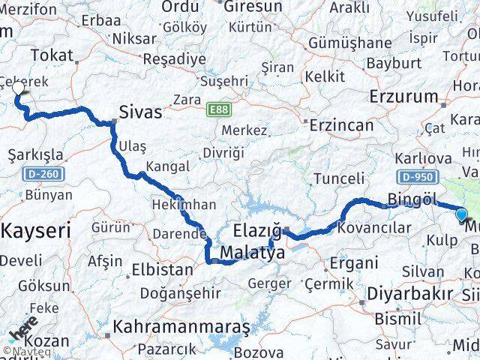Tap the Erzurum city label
[x=403, y=96]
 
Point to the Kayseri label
[x=35, y=230]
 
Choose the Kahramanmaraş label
[x=181, y=327]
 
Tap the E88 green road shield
[x=218, y=109]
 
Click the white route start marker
[x=19, y=89]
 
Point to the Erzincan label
[x=340, y=124]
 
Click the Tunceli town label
[x=338, y=178]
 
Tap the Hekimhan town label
[x=185, y=204]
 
